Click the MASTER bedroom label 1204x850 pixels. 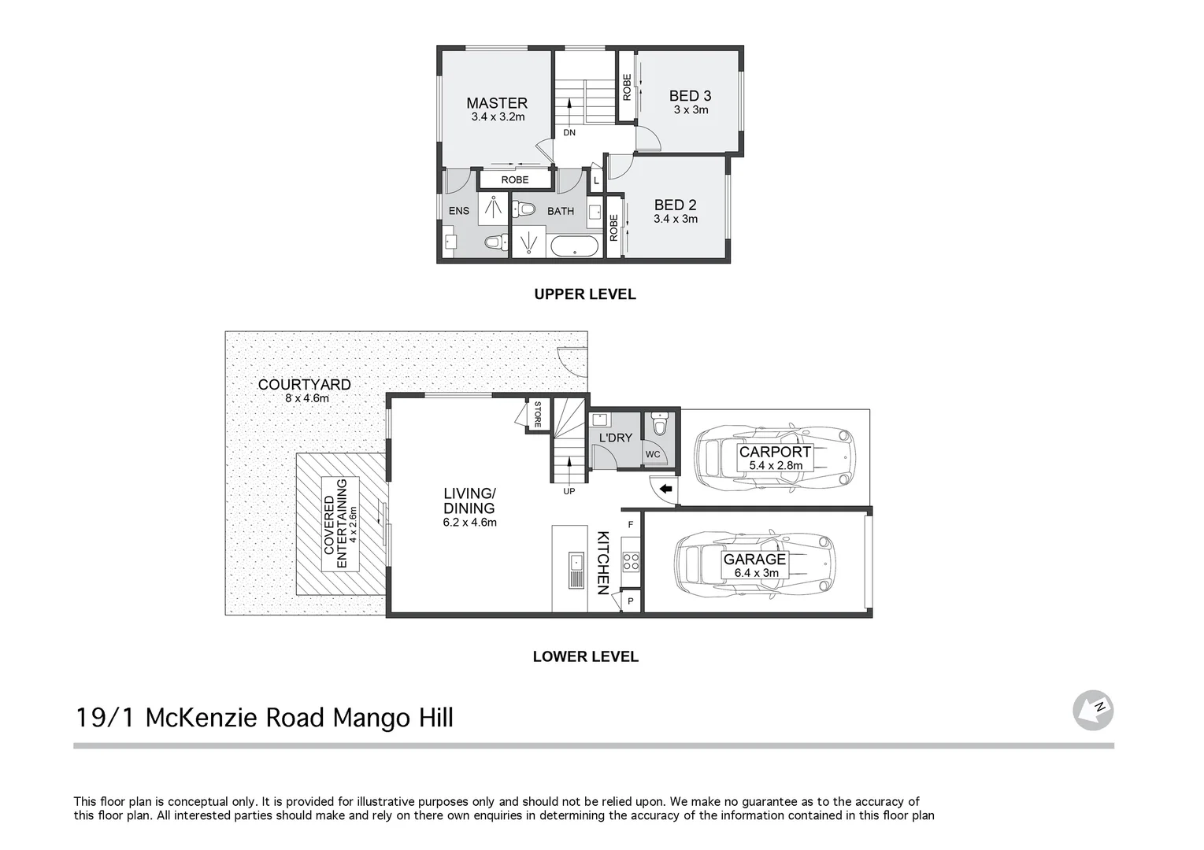click(x=496, y=103)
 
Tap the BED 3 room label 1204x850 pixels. click(x=690, y=96)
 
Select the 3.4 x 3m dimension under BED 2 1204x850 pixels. click(x=675, y=220)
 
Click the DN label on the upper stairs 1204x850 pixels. click(x=569, y=133)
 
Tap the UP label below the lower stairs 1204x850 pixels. click(x=569, y=492)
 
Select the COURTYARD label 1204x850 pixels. click(x=304, y=385)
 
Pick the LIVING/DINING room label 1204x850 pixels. click(x=469, y=501)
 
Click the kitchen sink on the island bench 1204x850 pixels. click(x=576, y=562)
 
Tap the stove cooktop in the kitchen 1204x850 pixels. click(x=631, y=561)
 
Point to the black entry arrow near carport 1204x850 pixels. click(x=665, y=490)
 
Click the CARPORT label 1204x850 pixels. click(x=774, y=453)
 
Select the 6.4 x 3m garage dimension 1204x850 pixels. click(x=756, y=573)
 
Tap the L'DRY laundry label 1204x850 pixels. click(x=615, y=438)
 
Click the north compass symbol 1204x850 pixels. click(x=1092, y=710)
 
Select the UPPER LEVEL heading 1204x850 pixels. click(x=584, y=294)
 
